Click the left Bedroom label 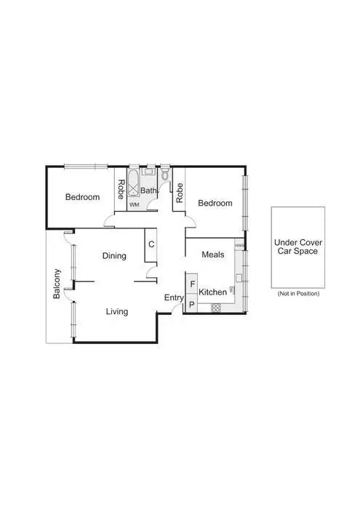click(x=82, y=197)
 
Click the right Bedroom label click(x=215, y=203)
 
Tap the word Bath click(x=148, y=191)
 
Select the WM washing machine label click(x=134, y=205)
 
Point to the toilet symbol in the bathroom click(x=166, y=175)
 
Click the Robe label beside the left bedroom click(x=121, y=189)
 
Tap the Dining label click(x=114, y=256)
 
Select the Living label click(x=116, y=312)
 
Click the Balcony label click(x=57, y=284)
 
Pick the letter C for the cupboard click(x=151, y=244)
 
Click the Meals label click(x=212, y=254)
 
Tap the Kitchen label click(x=213, y=292)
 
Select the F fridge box click(x=192, y=284)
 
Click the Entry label click(x=174, y=298)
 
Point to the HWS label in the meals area click(x=239, y=247)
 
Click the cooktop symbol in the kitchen click(x=215, y=308)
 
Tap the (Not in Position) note click(x=298, y=294)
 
